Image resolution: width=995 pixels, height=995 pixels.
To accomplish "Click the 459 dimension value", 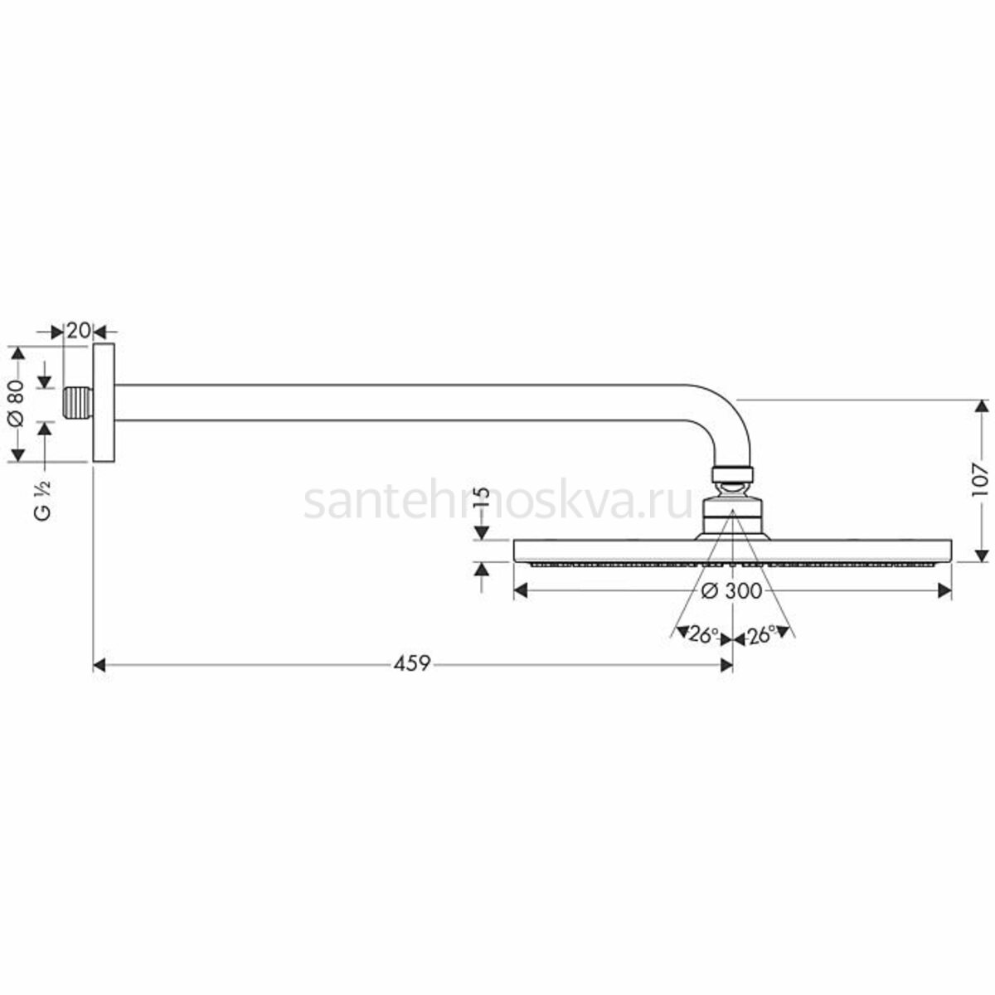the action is click(411, 664).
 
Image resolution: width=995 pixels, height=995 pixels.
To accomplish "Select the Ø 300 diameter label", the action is click(731, 591).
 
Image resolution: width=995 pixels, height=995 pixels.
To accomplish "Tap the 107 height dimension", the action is click(979, 481).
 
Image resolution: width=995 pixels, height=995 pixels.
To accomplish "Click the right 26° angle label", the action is click(760, 635).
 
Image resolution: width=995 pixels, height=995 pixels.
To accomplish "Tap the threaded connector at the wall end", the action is click(78, 403).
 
